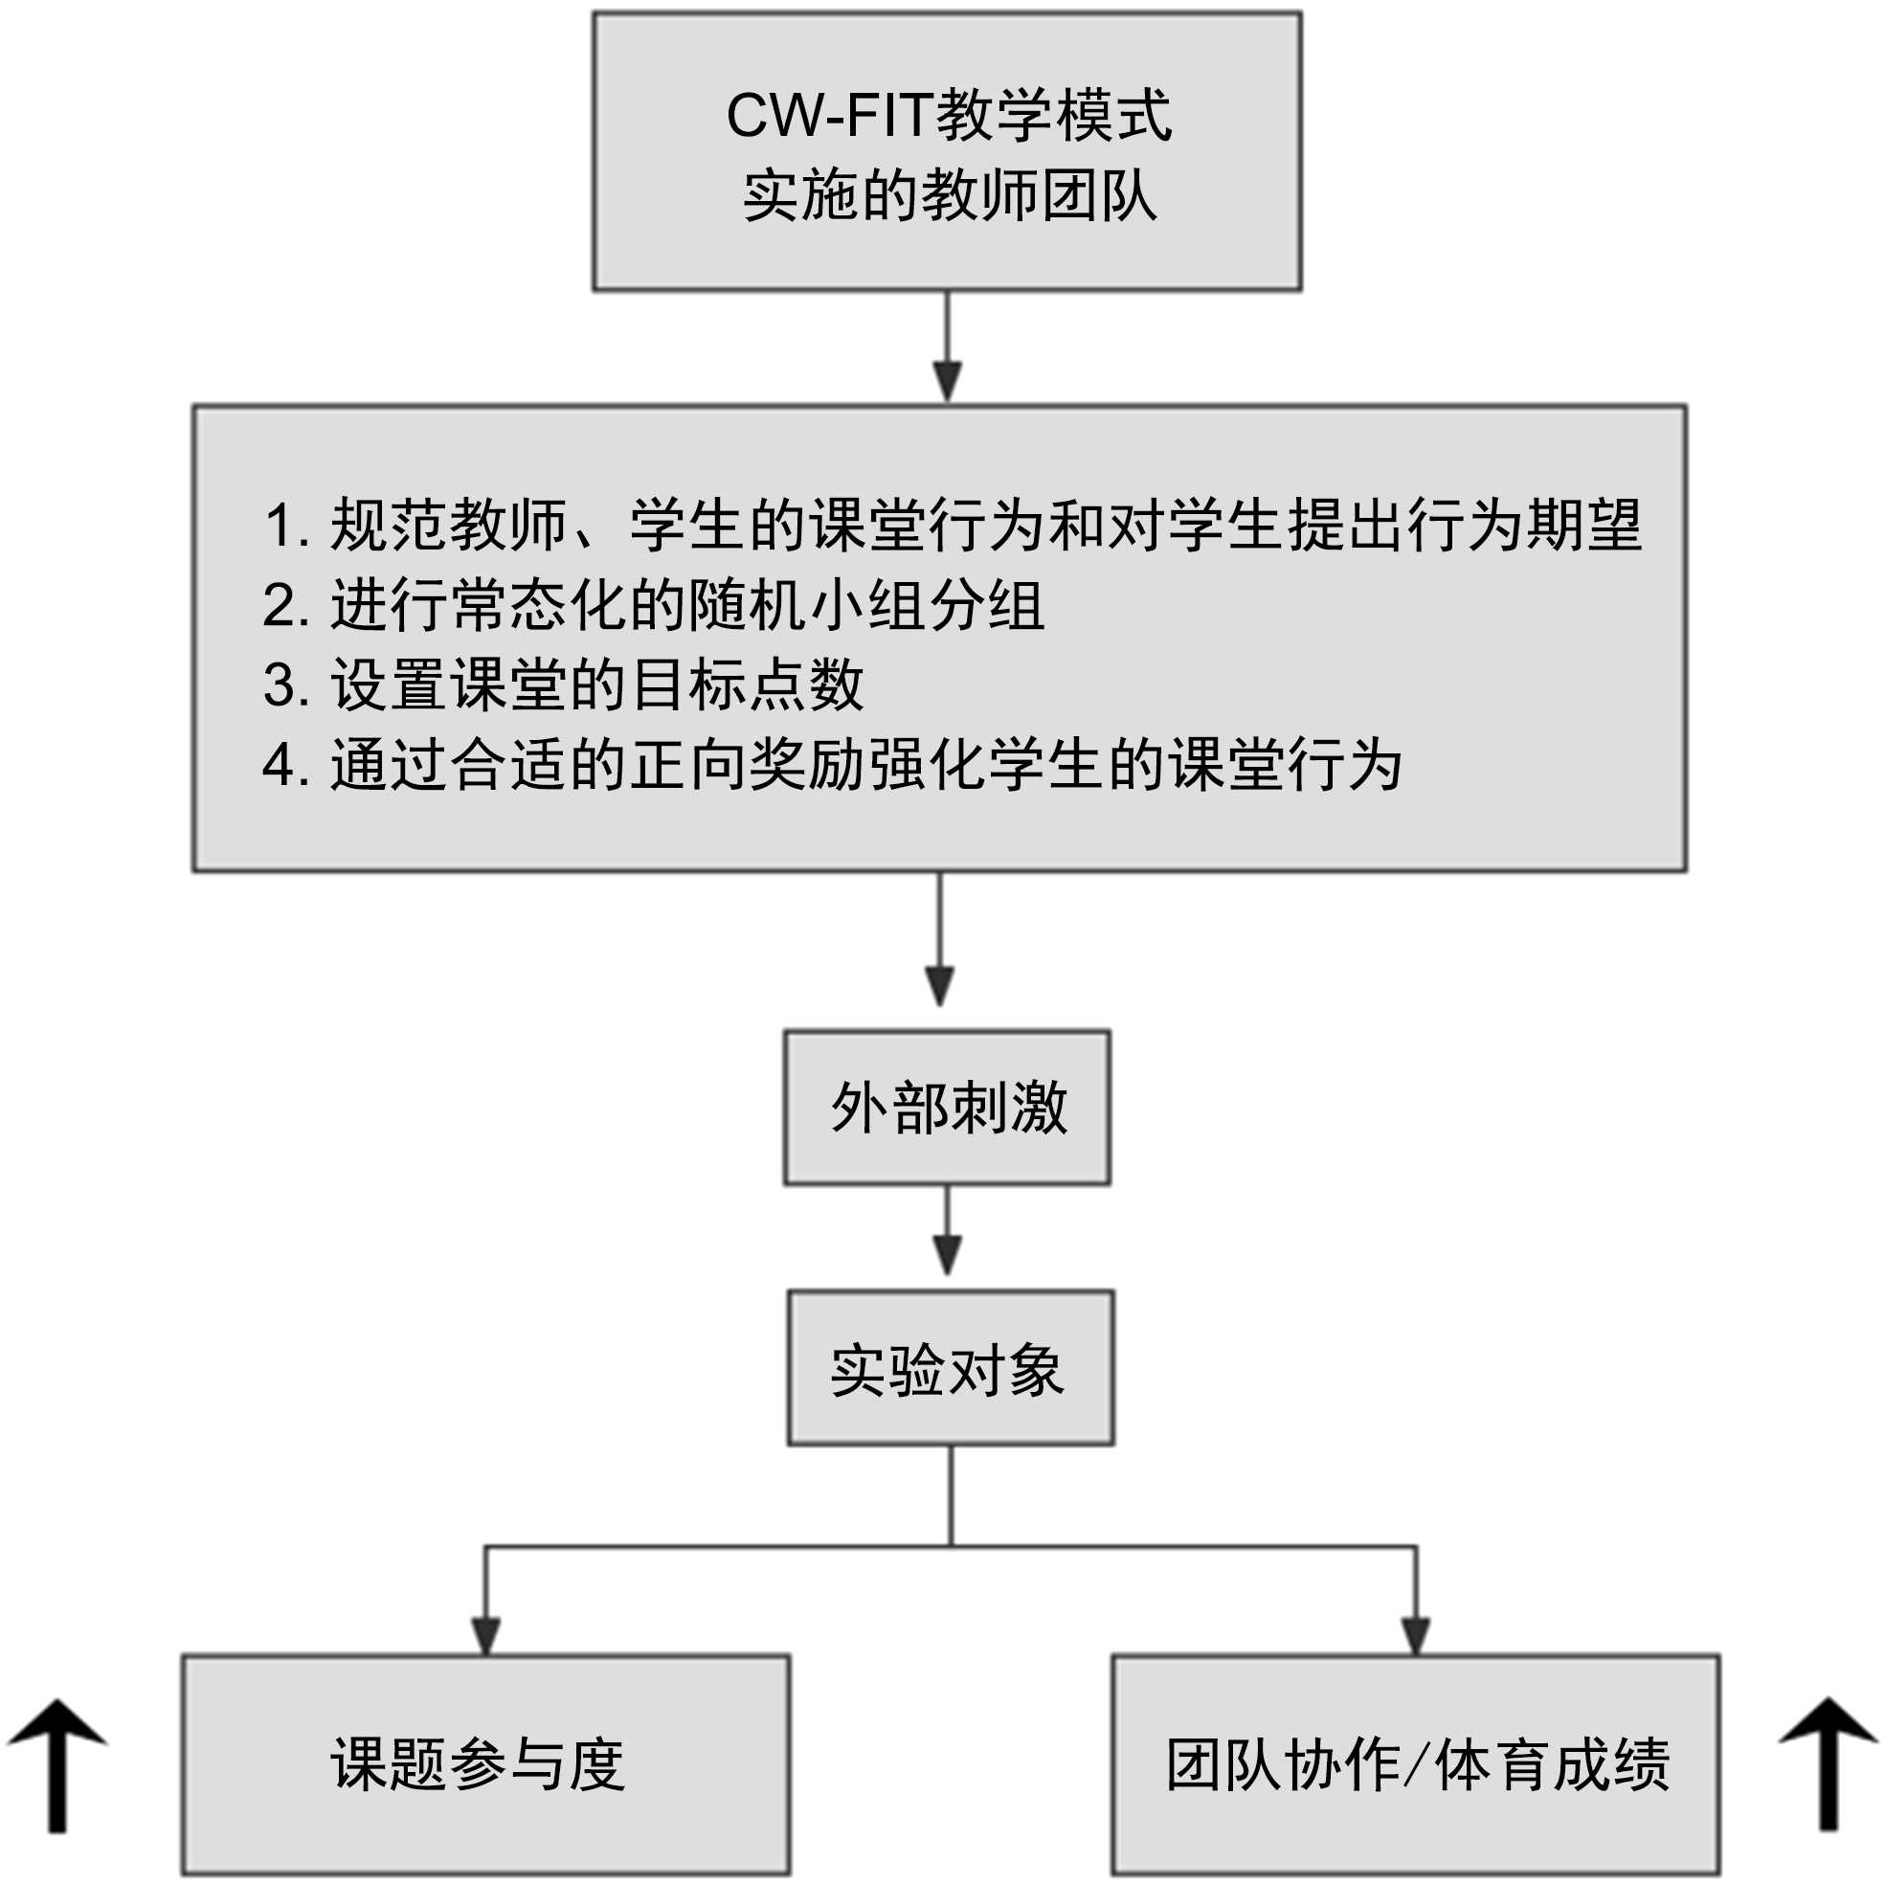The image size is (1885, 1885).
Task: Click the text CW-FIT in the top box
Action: (x=828, y=116)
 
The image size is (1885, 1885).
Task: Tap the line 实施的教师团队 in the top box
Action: (x=949, y=196)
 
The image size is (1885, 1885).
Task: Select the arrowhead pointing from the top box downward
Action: (x=948, y=380)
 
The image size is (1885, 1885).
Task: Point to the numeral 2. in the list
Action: (x=286, y=607)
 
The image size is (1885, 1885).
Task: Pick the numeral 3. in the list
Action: (x=286, y=685)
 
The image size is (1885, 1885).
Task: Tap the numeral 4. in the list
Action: (x=286, y=766)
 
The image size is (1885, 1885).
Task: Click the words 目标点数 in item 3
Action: (x=747, y=684)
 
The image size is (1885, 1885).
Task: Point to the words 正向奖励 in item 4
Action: (x=747, y=765)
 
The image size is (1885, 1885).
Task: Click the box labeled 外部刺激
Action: (x=948, y=1109)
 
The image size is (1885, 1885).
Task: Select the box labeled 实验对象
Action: (x=951, y=1369)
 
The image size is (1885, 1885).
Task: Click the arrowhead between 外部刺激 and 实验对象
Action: (x=948, y=1255)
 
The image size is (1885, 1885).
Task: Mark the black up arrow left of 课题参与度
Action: (x=57, y=1766)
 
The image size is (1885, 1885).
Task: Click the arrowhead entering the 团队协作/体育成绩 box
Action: (x=1416, y=1636)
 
